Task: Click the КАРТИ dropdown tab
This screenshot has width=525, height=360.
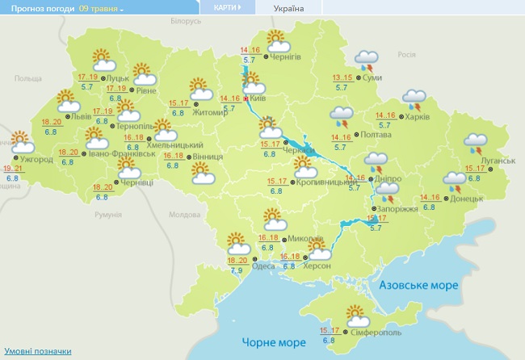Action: pos(227,7)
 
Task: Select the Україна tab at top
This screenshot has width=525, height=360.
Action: pos(289,8)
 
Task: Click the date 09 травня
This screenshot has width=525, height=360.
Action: pos(101,8)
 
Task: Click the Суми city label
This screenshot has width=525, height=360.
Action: pos(372,77)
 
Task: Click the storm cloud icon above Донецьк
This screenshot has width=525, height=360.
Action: pos(454,179)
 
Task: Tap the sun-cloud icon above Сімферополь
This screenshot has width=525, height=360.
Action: pos(355,314)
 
